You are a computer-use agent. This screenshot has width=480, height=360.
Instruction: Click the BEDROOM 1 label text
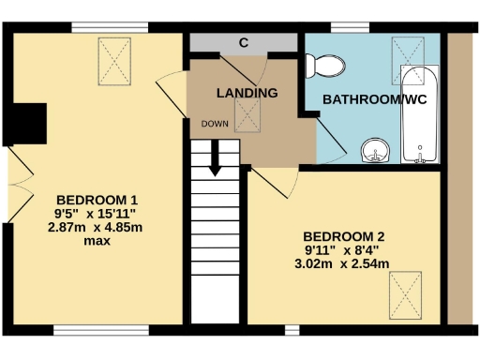[x=97, y=200]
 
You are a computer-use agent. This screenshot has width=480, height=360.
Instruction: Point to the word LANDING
[x=247, y=93]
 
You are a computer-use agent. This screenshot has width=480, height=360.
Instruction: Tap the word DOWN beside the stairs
[x=214, y=123]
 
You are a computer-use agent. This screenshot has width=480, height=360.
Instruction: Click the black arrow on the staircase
[x=216, y=157]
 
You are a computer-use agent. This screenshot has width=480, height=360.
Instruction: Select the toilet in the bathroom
[x=324, y=67]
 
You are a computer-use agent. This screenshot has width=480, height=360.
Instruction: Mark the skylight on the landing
[x=247, y=115]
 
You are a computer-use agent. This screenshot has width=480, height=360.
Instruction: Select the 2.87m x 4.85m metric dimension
[x=97, y=227]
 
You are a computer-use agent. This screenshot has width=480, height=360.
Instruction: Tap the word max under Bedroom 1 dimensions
[x=97, y=241]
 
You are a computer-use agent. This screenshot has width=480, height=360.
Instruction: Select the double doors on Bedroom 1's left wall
[x=15, y=187]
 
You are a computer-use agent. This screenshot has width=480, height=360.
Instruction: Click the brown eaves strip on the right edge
[x=461, y=178]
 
